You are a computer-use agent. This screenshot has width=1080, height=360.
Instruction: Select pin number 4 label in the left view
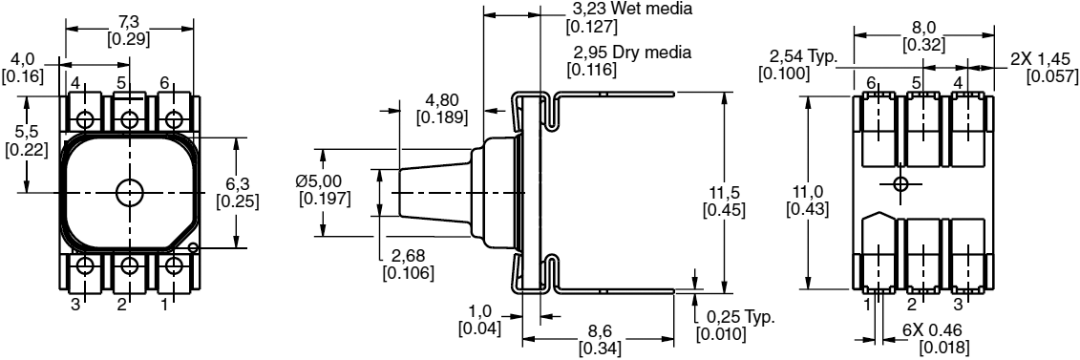(x=74, y=83)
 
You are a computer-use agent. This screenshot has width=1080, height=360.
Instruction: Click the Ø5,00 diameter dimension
(x=324, y=189)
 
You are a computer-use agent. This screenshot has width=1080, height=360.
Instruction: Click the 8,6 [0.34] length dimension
(x=600, y=341)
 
